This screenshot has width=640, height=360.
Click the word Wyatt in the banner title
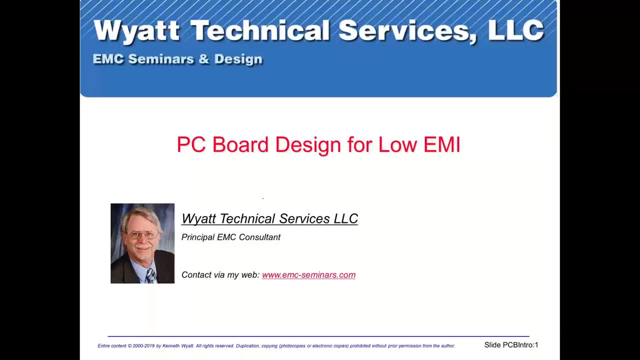point(136,31)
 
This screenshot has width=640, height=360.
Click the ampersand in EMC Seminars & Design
point(203,59)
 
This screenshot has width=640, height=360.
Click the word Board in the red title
point(241,144)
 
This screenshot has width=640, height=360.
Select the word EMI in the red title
point(441,144)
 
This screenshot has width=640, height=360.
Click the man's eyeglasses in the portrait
point(142,234)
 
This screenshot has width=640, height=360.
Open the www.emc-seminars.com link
point(308,275)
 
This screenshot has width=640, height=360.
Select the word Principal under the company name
point(198,237)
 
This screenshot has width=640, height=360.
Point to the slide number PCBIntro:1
point(520,345)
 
